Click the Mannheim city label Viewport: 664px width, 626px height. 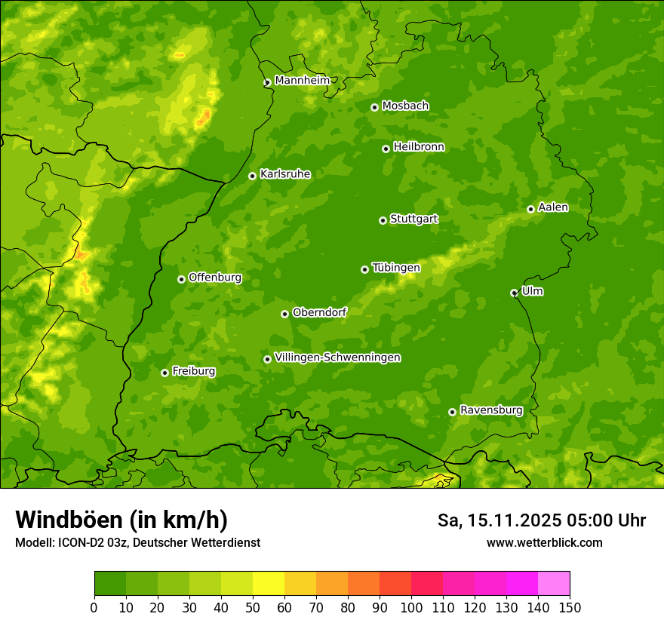tap(302, 81)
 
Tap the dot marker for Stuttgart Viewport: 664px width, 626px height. tap(383, 220)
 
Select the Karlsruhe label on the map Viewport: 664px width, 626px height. tap(284, 174)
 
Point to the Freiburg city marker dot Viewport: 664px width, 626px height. tap(164, 373)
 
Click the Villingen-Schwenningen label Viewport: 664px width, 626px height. tap(337, 357)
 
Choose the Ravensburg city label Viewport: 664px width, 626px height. tap(490, 410)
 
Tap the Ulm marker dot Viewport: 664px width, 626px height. tap(514, 293)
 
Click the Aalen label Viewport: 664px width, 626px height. tap(553, 207)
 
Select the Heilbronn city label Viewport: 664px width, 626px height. tap(419, 147)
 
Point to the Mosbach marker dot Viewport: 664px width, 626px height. tap(374, 107)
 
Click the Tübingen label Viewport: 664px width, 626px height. tap(396, 268)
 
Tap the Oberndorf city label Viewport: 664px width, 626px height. tap(319, 312)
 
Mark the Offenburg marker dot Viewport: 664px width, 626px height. tap(181, 279)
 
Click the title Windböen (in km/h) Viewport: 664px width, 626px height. tap(121, 520)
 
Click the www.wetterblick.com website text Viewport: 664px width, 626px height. tap(544, 542)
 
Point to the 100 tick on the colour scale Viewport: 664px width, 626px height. tap(411, 607)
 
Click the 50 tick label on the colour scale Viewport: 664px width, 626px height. tap(253, 607)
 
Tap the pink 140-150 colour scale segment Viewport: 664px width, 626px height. tap(553, 584)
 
